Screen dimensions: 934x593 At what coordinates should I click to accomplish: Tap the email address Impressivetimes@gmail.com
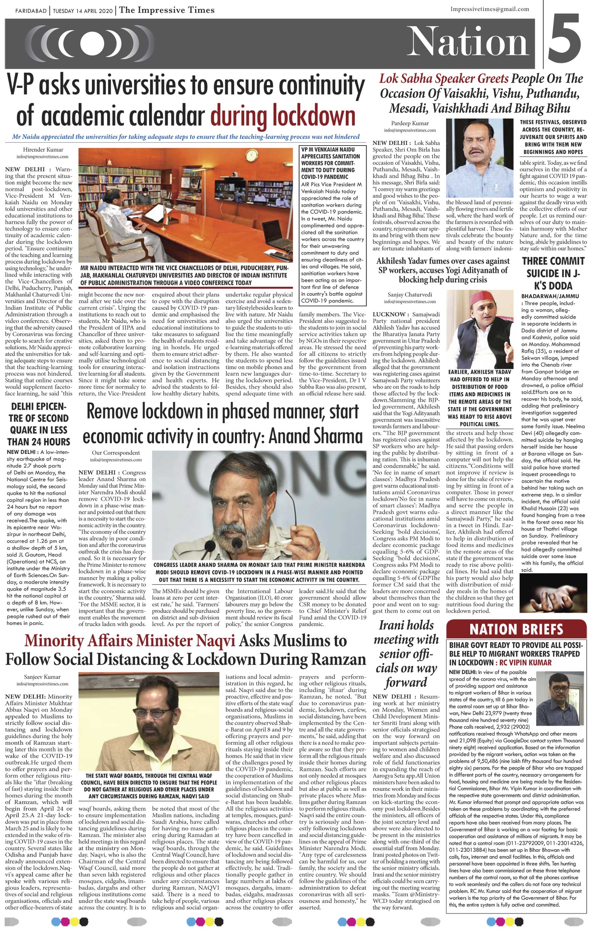pyautogui.click(x=490, y=9)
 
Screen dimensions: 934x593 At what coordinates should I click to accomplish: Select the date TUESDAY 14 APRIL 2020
pyautogui.click(x=82, y=10)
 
